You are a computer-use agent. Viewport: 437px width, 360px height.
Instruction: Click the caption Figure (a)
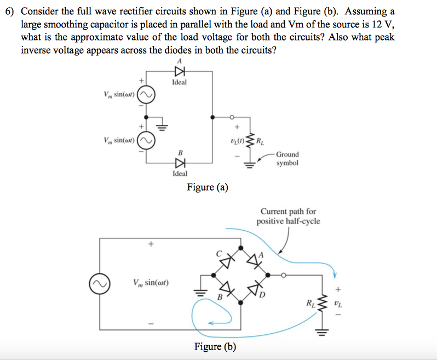[207, 187]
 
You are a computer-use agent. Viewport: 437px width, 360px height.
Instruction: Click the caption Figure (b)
[215, 346]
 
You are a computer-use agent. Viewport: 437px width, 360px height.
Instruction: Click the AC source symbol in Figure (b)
[99, 283]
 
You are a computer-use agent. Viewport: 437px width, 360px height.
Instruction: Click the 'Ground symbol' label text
[287, 159]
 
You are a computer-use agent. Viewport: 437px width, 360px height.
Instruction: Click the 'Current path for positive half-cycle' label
[288, 216]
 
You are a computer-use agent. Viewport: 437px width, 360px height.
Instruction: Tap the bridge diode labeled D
[254, 288]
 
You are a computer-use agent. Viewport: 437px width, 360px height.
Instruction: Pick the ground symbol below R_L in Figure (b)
[327, 332]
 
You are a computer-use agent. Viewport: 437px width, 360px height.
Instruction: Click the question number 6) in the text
[9, 12]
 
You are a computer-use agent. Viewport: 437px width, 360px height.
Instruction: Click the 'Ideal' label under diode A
[179, 82]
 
